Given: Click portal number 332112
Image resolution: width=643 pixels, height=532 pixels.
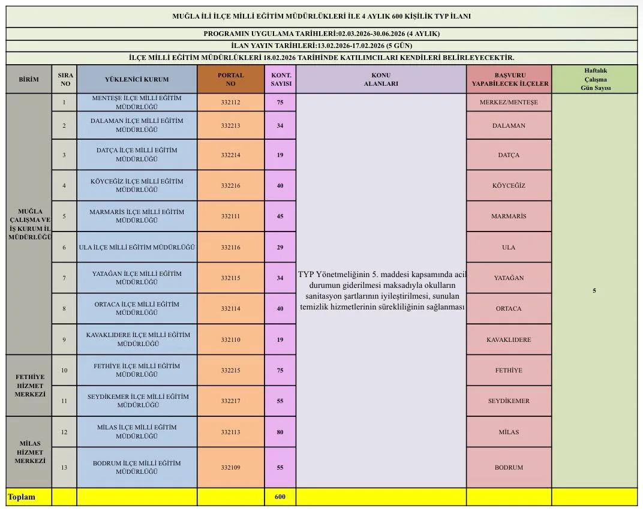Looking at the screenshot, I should point(230,103).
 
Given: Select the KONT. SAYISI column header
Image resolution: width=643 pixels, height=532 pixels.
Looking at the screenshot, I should point(280,79).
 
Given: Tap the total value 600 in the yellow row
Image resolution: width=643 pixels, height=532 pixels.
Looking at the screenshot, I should point(280,497).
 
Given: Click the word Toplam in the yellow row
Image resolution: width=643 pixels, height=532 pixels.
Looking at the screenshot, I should point(21,497).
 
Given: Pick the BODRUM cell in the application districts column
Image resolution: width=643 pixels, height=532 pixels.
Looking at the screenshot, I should point(509,467).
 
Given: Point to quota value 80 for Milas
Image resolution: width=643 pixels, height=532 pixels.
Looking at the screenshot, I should point(280,432).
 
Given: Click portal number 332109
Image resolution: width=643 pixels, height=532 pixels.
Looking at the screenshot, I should point(230,467).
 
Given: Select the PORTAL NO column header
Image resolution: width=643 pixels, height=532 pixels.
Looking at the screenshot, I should point(230,79).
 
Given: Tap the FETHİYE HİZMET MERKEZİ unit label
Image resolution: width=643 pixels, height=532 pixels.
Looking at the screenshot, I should point(29,386).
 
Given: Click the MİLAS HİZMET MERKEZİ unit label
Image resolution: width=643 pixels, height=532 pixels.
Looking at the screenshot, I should point(29,452).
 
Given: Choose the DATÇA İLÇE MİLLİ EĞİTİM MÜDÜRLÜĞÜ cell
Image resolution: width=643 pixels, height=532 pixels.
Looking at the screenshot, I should point(137,155).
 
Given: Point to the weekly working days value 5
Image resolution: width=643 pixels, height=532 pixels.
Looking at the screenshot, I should point(594,291).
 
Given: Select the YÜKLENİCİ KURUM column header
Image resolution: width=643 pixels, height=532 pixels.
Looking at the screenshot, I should point(137,79).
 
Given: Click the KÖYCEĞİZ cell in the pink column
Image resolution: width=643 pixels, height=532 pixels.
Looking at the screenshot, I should point(509,185).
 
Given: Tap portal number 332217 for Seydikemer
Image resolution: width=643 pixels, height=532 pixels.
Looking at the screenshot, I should point(230,401).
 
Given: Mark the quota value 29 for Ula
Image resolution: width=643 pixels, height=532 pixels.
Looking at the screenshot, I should point(280,247).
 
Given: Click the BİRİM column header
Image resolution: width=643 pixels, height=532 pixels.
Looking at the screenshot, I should point(29,79).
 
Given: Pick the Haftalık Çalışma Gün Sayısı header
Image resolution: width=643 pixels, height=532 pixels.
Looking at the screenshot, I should point(594,79).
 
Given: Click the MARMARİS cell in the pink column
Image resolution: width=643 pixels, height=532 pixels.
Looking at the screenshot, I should point(509,216).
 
